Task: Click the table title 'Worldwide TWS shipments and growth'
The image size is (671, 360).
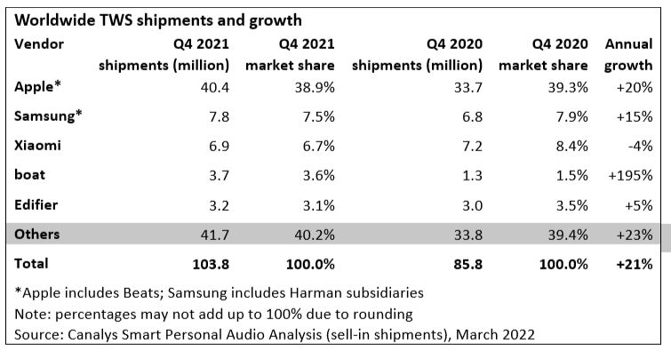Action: pos(157,19)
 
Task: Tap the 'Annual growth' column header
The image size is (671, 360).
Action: pos(628,53)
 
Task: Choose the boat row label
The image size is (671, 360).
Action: pos(32,174)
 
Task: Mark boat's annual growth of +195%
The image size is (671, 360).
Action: pos(631,174)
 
